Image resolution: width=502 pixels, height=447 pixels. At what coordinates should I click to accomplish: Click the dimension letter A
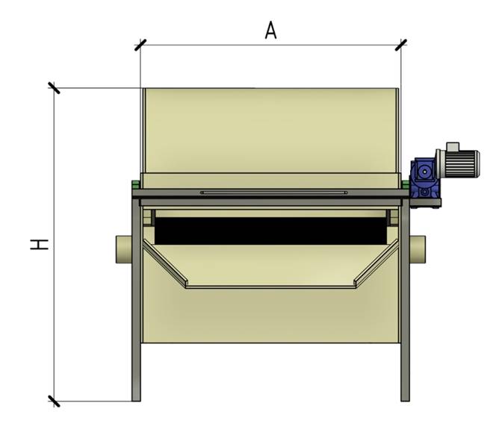[x=271, y=31]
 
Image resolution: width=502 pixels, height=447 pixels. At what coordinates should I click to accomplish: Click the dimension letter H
[x=40, y=245]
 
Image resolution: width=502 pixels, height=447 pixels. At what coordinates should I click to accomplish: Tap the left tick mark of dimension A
[x=140, y=45]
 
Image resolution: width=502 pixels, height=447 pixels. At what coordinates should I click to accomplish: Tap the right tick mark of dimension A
[x=401, y=45]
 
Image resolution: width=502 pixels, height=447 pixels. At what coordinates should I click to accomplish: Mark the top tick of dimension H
[x=54, y=87]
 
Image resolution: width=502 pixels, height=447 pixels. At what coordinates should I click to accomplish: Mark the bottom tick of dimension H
[x=54, y=401]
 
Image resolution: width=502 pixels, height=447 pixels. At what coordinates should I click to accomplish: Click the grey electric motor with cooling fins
[x=458, y=163]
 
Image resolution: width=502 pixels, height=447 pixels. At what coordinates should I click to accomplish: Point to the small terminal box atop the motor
[x=453, y=146]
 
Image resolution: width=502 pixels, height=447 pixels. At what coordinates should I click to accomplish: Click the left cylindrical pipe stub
[x=124, y=249]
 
